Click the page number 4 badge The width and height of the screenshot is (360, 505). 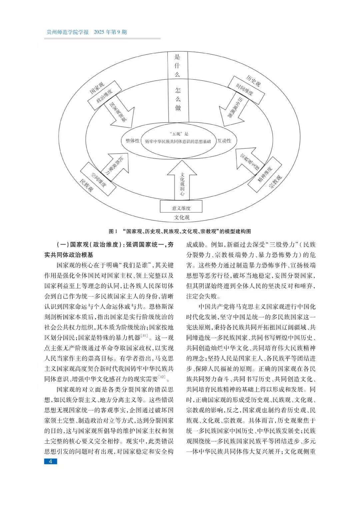coord(50,461)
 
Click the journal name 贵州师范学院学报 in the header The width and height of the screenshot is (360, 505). coord(67,32)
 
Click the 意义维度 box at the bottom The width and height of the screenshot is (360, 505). coord(181,208)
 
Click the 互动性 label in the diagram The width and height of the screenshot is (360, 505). coord(224,141)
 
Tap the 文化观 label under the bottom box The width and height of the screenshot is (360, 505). coord(182,218)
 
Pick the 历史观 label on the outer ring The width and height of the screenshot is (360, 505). coord(253,81)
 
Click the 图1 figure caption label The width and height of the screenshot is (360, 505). coord(113,231)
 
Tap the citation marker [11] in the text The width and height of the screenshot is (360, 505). coord(145,335)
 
